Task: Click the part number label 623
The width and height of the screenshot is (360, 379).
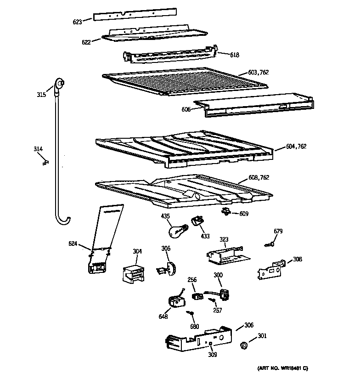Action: (x=77, y=21)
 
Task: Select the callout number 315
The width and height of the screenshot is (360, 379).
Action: (x=41, y=95)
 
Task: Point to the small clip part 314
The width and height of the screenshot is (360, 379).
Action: (x=45, y=162)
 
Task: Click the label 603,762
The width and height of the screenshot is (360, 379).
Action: (x=258, y=72)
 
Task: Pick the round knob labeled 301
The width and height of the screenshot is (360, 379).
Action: (x=245, y=345)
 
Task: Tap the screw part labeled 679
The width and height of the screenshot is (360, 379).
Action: (x=270, y=245)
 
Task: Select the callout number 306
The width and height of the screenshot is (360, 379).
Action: (x=248, y=325)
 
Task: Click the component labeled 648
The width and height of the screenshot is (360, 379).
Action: (x=174, y=302)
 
